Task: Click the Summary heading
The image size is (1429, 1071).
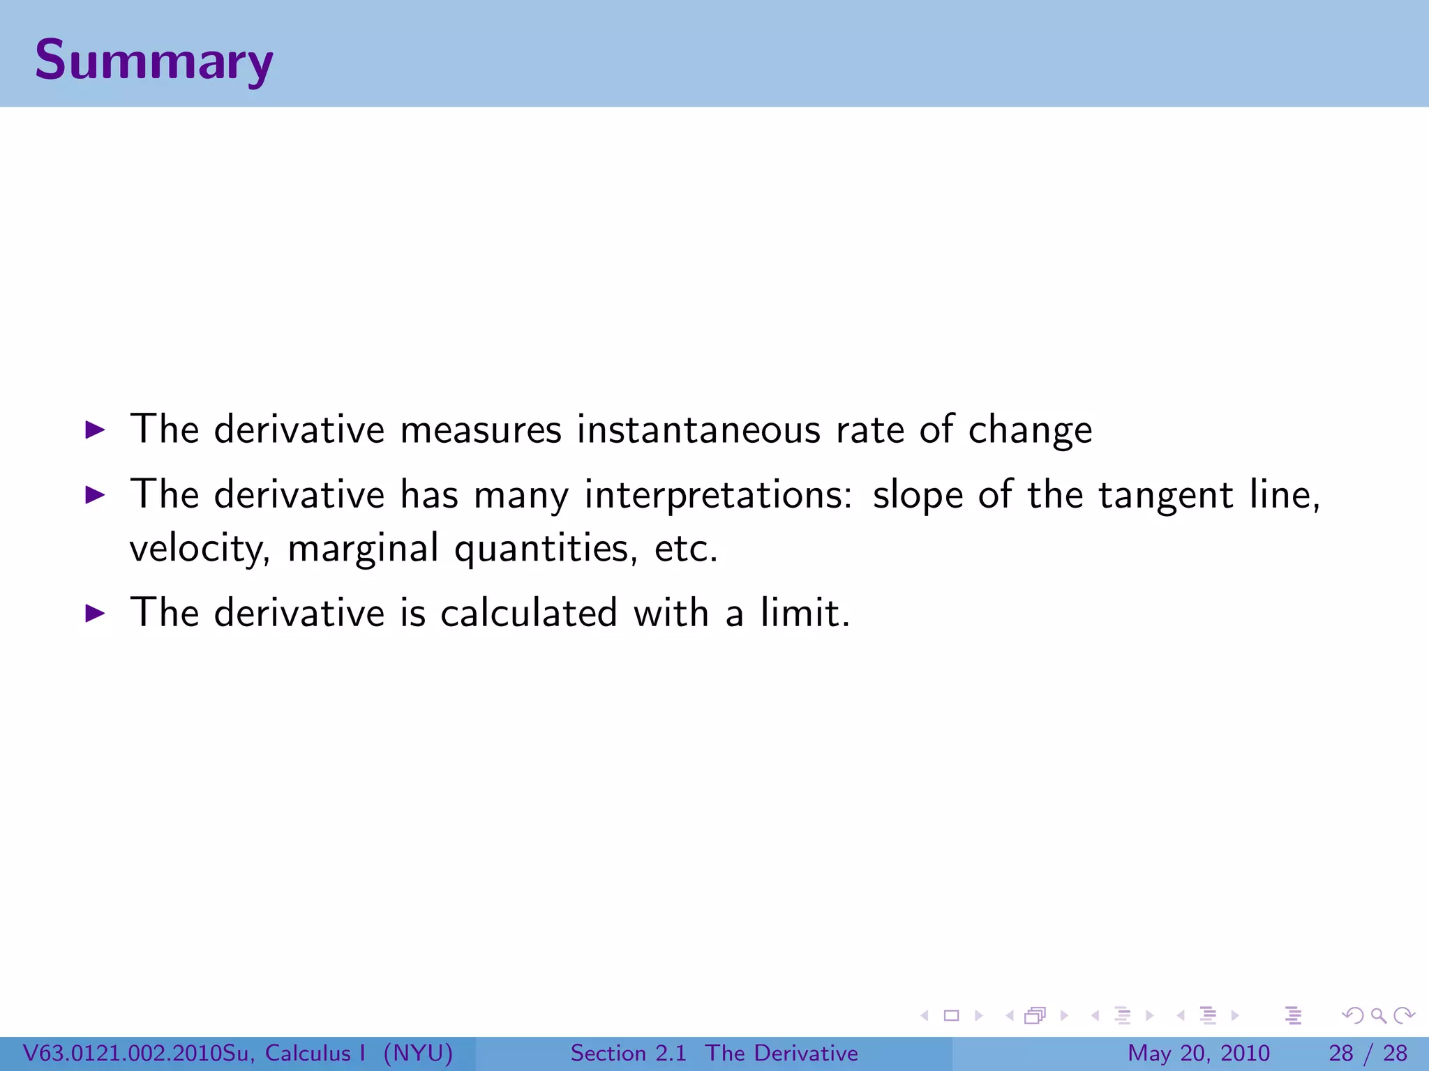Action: (x=154, y=61)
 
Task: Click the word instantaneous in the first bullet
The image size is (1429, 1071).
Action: (x=698, y=430)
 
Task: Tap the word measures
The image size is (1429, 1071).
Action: (x=481, y=430)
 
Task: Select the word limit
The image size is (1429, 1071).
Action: (x=805, y=614)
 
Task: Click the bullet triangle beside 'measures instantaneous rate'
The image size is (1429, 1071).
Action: (x=95, y=430)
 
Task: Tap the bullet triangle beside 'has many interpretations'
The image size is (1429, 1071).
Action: (x=95, y=495)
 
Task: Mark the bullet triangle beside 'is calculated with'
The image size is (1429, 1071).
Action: (x=95, y=614)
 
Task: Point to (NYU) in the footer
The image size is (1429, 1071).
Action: (x=418, y=1053)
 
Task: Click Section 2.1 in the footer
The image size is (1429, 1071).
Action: (x=628, y=1053)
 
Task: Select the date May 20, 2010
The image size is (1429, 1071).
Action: (x=1198, y=1053)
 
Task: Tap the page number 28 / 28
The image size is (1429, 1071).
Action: (x=1368, y=1053)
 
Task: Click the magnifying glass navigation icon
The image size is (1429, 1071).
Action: (x=1378, y=1016)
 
